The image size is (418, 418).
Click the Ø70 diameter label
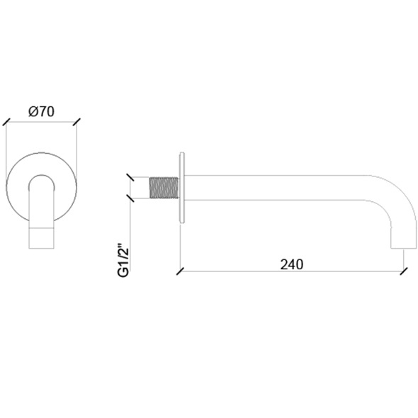pyautogui.click(x=41, y=111)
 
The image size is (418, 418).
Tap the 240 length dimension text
pyautogui.click(x=292, y=264)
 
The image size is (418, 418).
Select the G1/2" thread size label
pyautogui.click(x=123, y=259)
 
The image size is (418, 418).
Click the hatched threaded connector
pyautogui.click(x=164, y=188)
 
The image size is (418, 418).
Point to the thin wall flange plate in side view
pyautogui.click(x=182, y=187)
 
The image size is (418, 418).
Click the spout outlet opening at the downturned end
pyautogui.click(x=403, y=248)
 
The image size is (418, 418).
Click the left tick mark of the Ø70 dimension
pyautogui.click(x=6, y=122)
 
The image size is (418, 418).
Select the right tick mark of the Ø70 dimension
pyautogui.click(x=77, y=122)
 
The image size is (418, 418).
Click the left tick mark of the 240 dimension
pyautogui.click(x=181, y=271)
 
